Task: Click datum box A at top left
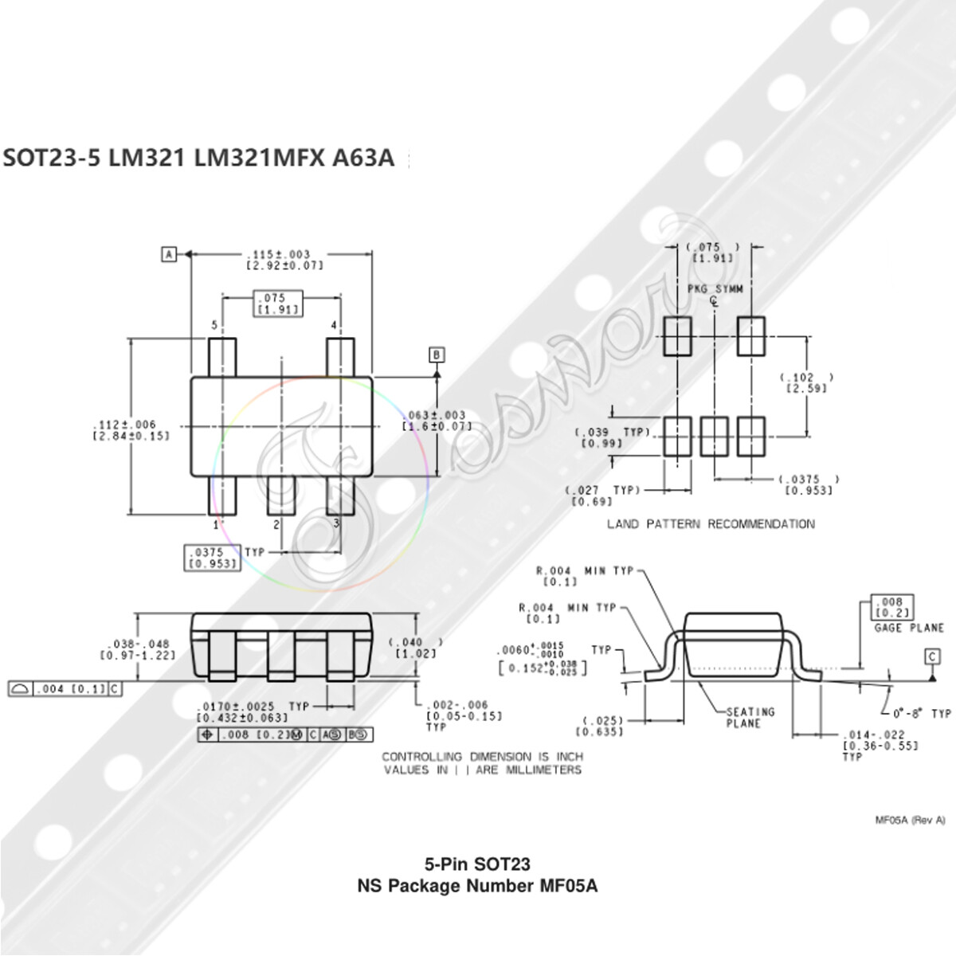[x=168, y=254]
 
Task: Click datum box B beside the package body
[x=437, y=355]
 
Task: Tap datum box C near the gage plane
[x=932, y=656]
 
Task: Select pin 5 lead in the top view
[x=222, y=356]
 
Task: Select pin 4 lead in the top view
[x=340, y=356]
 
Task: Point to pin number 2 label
[x=276, y=524]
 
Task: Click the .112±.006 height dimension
[x=131, y=430]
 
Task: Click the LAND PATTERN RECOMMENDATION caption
[x=711, y=524]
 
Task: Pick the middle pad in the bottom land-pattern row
[x=714, y=436]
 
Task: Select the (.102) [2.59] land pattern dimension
[x=806, y=382]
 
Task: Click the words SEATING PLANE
[x=749, y=717]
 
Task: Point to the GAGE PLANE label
[x=908, y=628]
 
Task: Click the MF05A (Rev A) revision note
[x=910, y=821]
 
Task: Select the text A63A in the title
[x=362, y=158]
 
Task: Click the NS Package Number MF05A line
[x=477, y=885]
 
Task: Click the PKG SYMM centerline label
[x=715, y=289]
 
